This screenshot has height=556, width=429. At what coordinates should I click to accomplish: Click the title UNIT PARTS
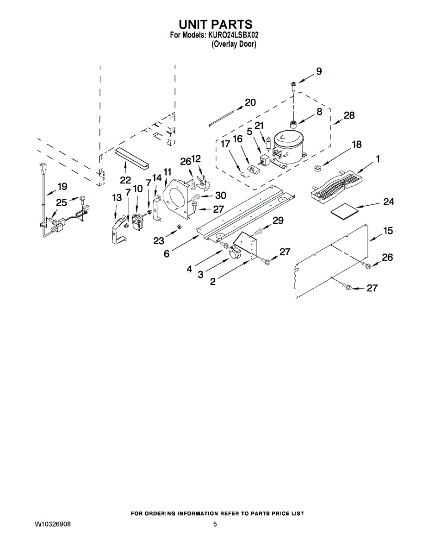[215, 24]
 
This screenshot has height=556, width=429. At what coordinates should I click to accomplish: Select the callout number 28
[349, 115]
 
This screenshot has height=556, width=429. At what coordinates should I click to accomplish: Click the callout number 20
[250, 102]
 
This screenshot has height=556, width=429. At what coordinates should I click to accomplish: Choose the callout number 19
[62, 187]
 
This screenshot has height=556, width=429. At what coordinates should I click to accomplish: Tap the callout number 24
[388, 202]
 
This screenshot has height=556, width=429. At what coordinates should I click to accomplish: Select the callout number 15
[388, 230]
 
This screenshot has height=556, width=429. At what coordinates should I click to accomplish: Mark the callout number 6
[167, 253]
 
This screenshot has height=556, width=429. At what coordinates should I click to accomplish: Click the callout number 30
[220, 196]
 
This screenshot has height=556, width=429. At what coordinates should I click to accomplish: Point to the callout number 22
[125, 179]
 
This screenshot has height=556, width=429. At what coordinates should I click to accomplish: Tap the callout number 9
[319, 71]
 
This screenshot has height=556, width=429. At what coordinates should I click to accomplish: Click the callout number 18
[356, 144]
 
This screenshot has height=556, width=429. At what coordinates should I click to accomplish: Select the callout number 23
[159, 241]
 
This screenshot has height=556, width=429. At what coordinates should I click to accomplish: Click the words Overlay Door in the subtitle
[234, 44]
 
